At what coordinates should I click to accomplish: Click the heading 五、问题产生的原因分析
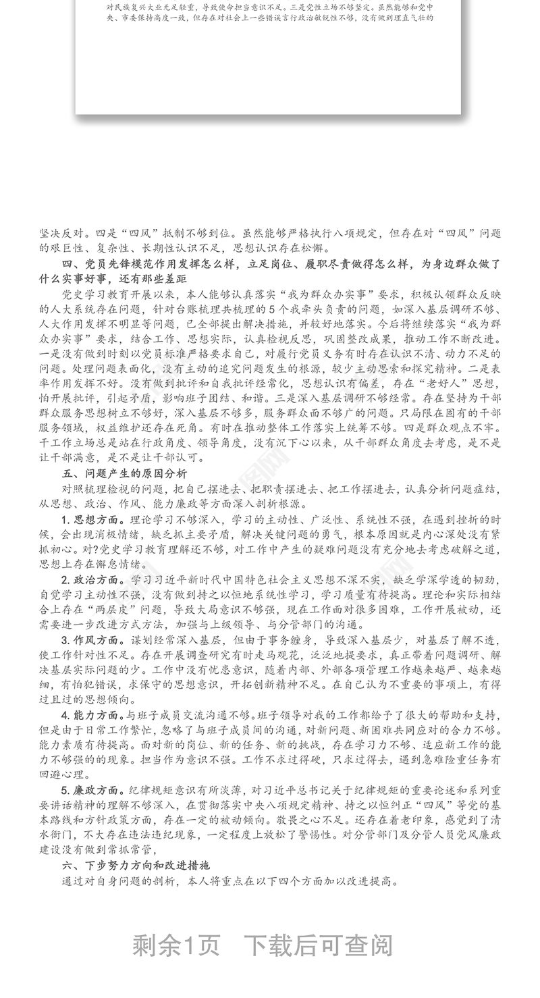point(125,473)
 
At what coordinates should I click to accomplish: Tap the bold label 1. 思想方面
point(92,520)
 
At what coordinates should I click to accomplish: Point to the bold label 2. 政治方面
point(92,580)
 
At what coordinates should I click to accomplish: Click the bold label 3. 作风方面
point(92,640)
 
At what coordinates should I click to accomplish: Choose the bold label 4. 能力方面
point(92,715)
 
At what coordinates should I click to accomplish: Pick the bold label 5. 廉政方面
point(92,790)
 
